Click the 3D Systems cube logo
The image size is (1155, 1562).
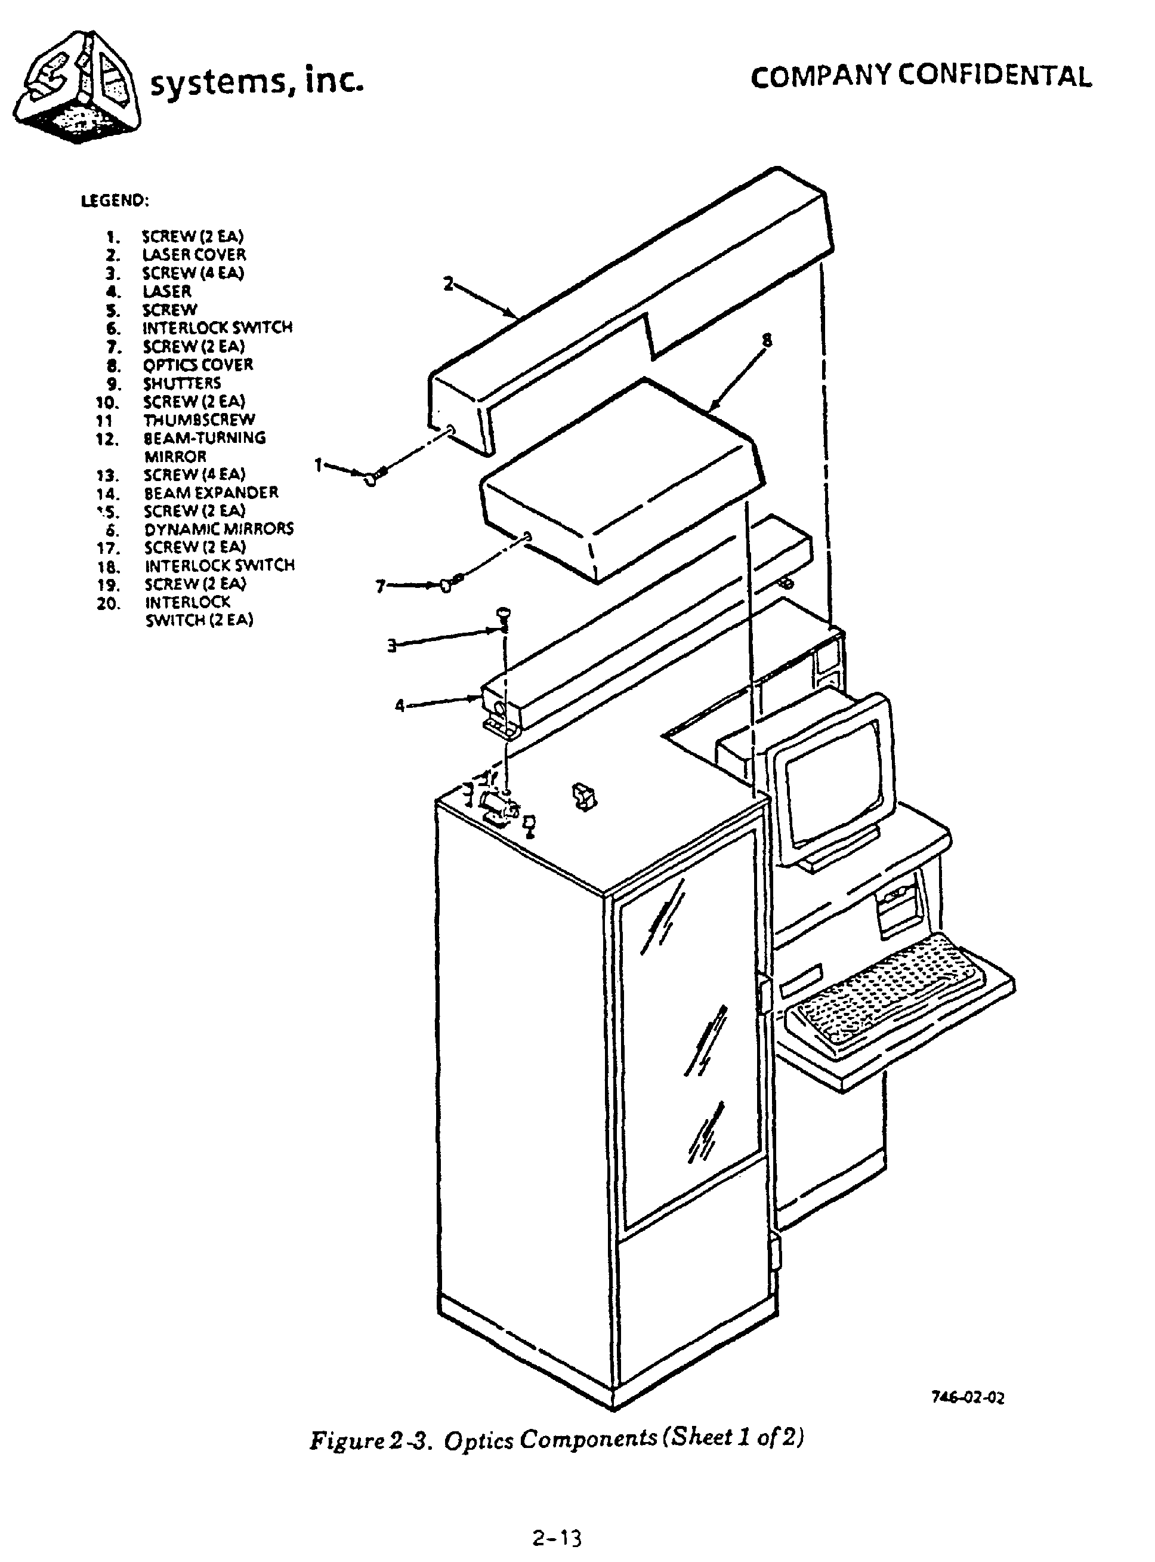click(77, 87)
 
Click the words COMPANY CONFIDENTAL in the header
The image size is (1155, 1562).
click(920, 76)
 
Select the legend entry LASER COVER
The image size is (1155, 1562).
click(194, 255)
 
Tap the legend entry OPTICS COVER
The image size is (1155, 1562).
click(198, 365)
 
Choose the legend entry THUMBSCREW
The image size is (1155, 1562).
click(199, 420)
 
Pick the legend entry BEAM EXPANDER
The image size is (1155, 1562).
click(211, 492)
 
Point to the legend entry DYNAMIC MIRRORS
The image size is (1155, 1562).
click(219, 529)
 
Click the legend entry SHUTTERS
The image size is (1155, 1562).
click(182, 383)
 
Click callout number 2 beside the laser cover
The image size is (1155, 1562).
click(448, 284)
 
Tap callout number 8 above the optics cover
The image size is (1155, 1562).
click(767, 341)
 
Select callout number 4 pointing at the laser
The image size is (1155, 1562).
click(400, 705)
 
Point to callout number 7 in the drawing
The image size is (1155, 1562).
click(381, 586)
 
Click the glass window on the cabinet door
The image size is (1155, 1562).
click(688, 1049)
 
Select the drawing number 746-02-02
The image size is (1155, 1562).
click(968, 1398)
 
